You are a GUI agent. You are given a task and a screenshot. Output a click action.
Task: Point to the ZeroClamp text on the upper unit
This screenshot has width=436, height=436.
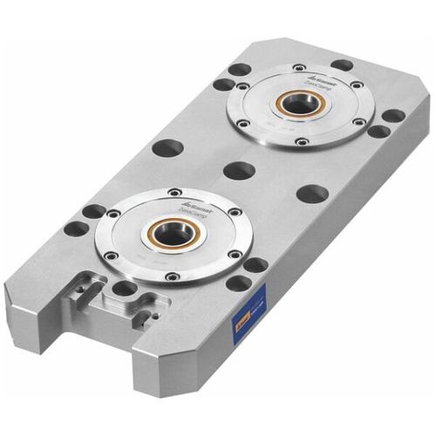click(x=314, y=82)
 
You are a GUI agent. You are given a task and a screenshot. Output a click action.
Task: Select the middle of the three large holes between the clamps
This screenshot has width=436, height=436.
click(x=239, y=170)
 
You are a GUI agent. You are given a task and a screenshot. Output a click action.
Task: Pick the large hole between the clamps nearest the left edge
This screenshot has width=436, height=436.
click(x=167, y=147)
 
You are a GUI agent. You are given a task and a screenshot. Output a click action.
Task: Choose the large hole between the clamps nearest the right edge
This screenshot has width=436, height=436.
click(x=311, y=194)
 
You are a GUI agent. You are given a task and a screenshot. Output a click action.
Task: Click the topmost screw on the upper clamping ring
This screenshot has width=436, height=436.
click(x=299, y=67)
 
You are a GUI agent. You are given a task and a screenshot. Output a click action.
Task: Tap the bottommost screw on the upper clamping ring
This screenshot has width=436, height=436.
click(x=301, y=141)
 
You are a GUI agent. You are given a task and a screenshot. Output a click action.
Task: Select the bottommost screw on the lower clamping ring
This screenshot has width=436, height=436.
click(x=172, y=276)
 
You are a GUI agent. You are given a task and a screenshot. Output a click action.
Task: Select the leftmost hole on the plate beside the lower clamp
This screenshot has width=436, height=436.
click(x=77, y=228)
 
